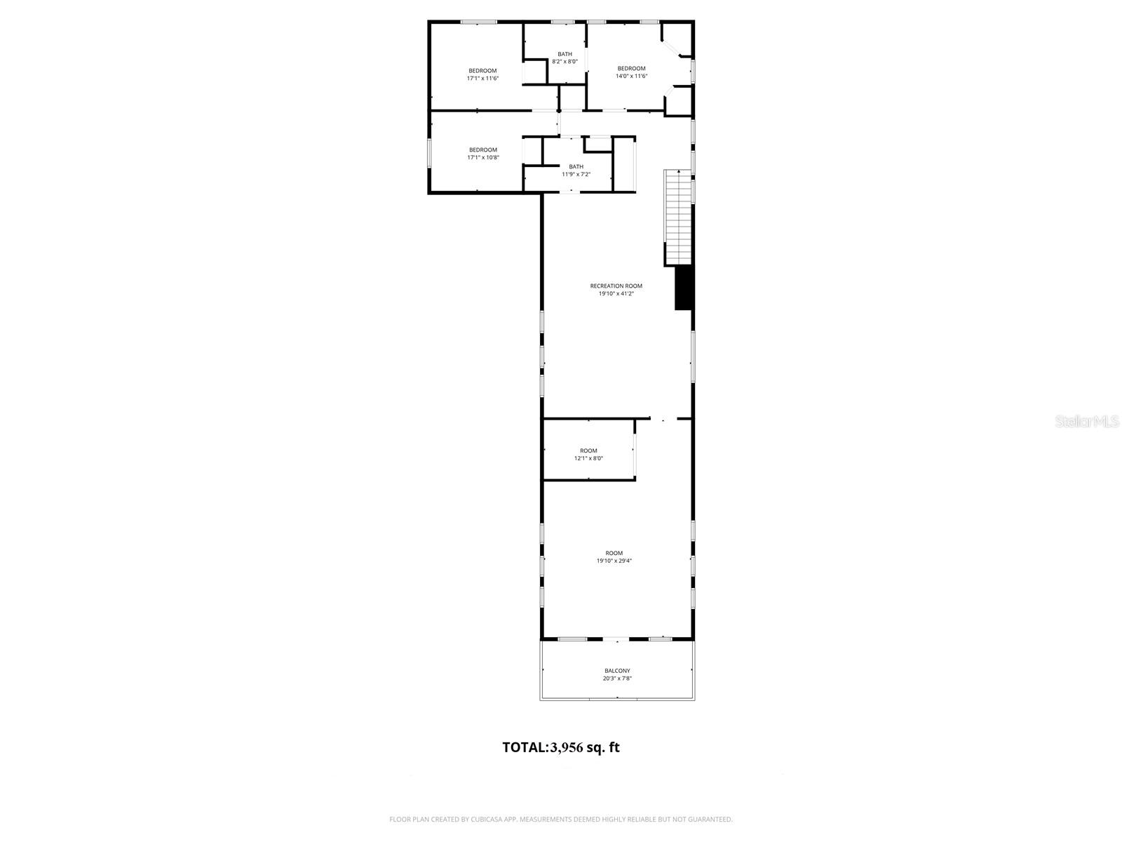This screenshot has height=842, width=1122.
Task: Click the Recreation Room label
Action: (x=616, y=286)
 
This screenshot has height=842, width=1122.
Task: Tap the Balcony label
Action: (x=617, y=671)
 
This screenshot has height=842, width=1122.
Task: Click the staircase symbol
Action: (x=678, y=218)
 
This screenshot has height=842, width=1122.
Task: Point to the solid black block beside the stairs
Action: (x=684, y=288)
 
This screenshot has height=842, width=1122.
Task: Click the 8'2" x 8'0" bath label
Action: (x=565, y=62)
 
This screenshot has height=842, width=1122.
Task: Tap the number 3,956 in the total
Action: (x=567, y=747)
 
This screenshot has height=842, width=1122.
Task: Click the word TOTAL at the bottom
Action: (x=525, y=747)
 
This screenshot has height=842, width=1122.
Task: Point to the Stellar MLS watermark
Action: (x=1087, y=421)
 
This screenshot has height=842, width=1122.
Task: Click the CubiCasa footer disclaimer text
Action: (x=561, y=819)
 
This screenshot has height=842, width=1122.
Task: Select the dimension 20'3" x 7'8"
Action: (x=617, y=679)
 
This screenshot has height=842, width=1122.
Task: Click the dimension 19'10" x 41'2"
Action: (x=616, y=294)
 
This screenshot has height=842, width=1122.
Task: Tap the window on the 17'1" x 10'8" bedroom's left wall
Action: (x=430, y=154)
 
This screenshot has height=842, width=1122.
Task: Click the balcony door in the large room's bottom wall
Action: (x=617, y=639)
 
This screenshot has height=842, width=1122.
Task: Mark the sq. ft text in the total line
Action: (x=603, y=747)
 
